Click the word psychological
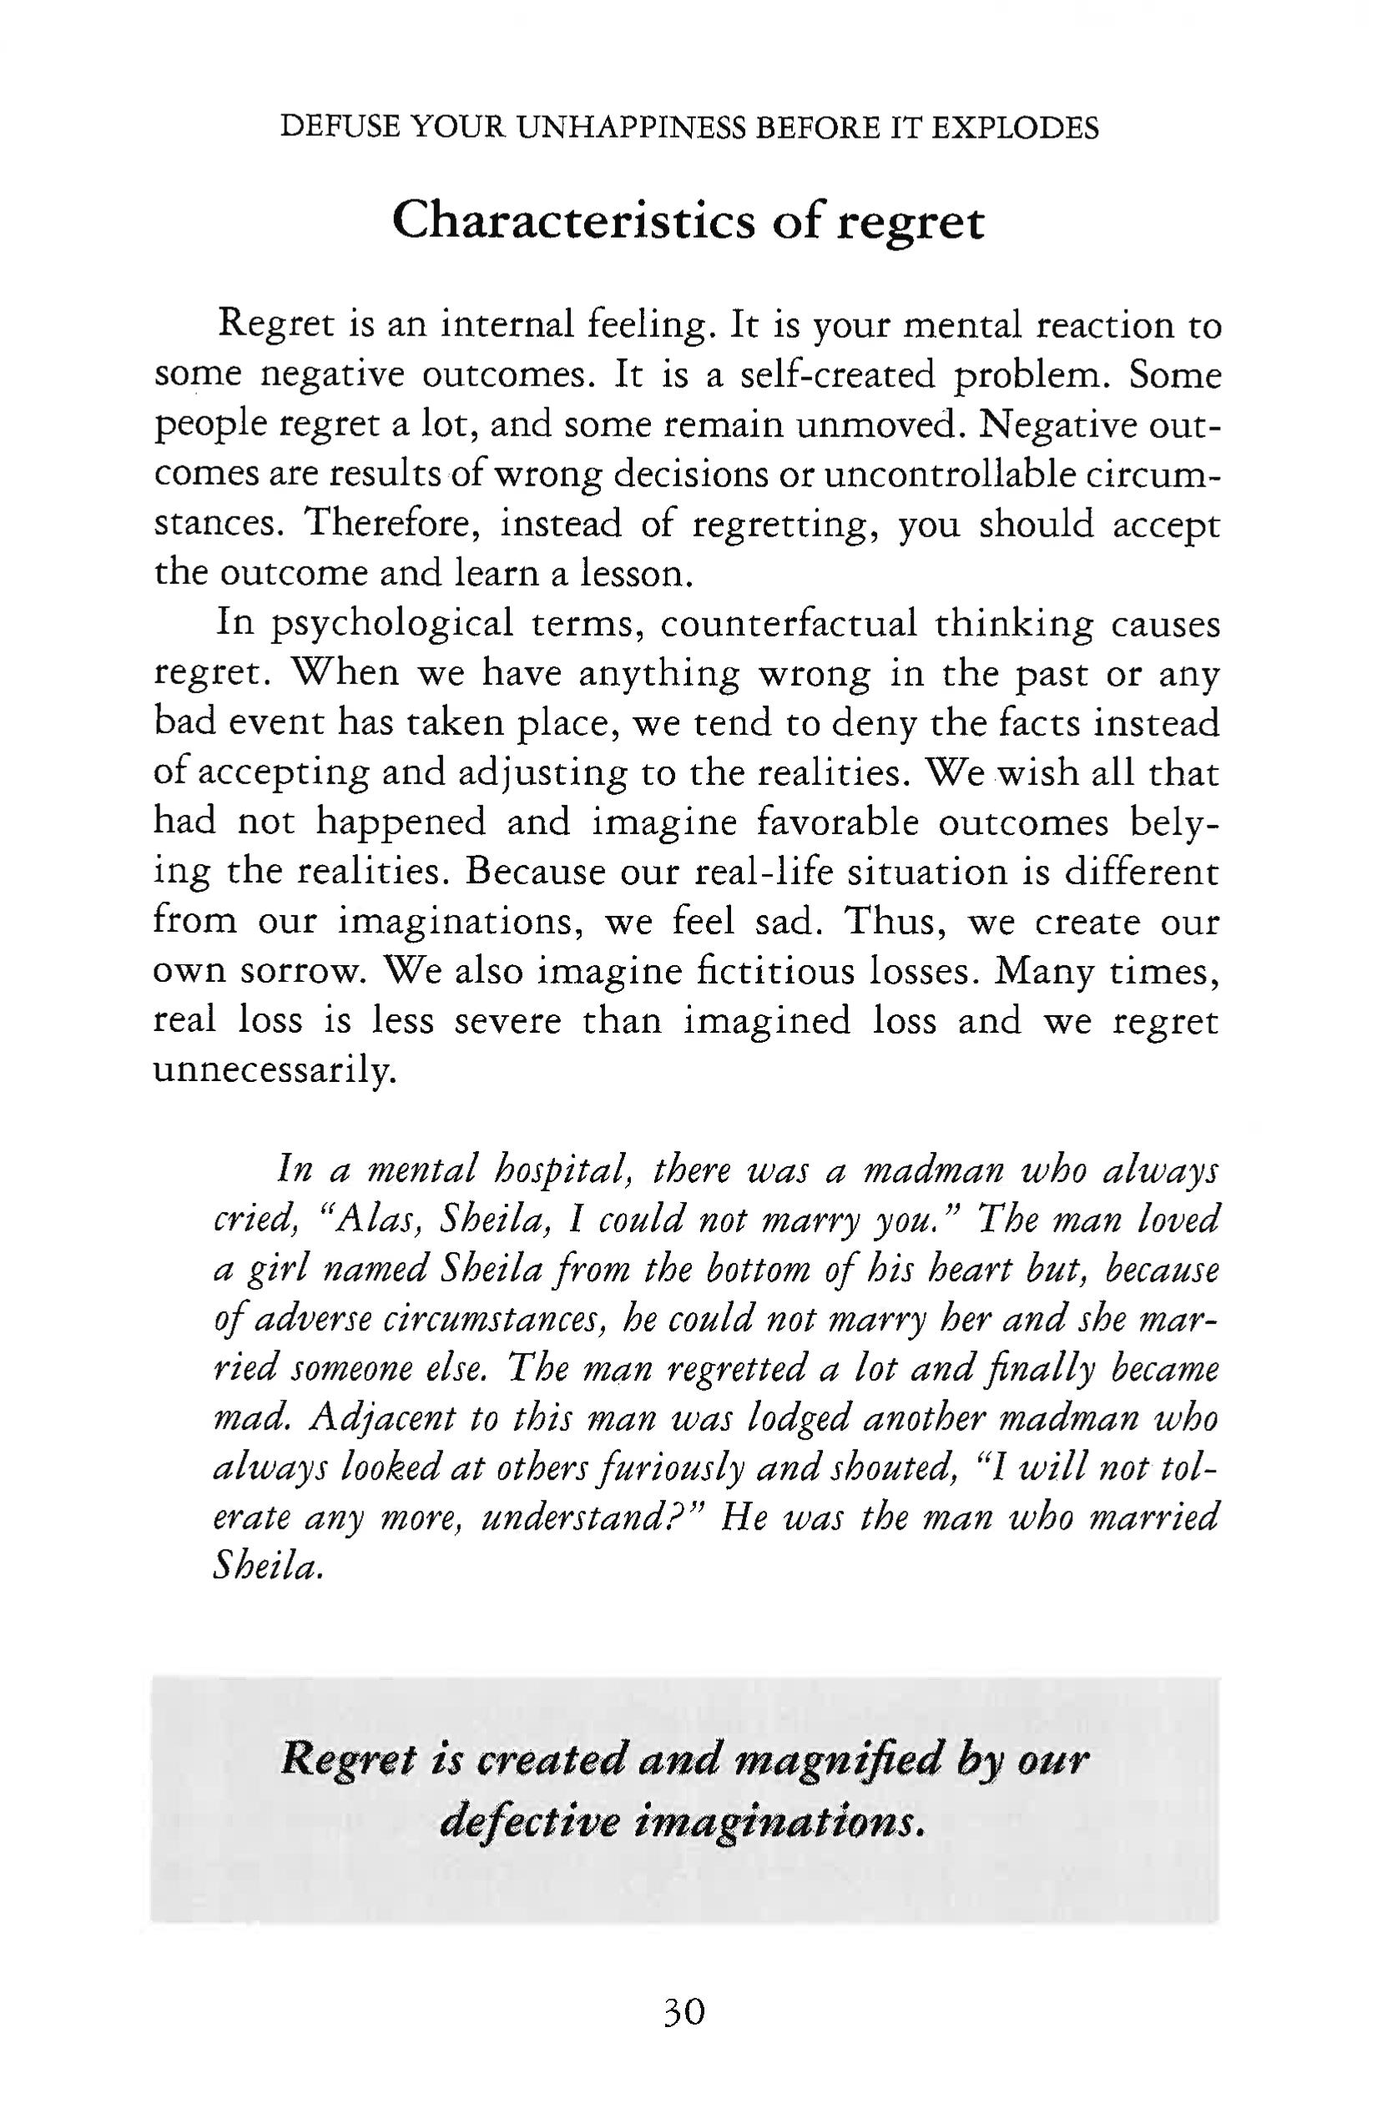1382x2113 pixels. tap(391, 625)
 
